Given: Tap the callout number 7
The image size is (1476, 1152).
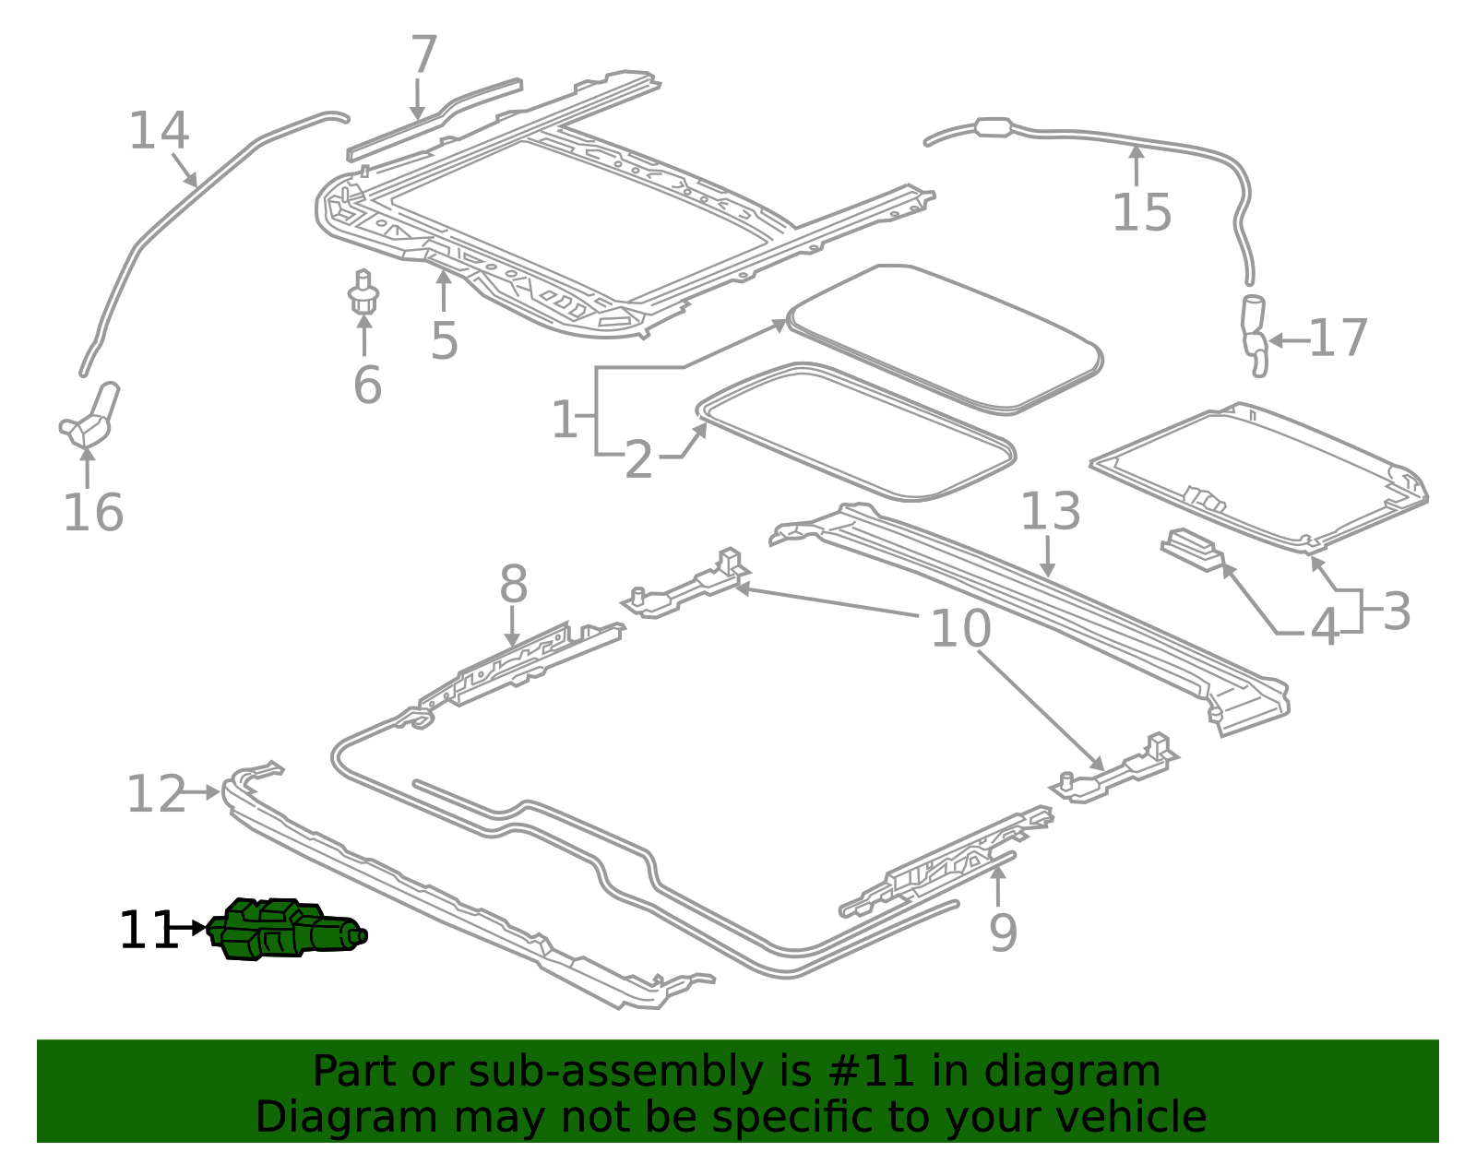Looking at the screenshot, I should pyautogui.click(x=423, y=55).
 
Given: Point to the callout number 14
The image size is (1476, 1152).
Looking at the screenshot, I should pyautogui.click(x=159, y=131).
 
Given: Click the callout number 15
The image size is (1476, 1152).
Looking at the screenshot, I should pyautogui.click(x=1141, y=213).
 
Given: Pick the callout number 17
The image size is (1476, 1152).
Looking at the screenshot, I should pyautogui.click(x=1338, y=338).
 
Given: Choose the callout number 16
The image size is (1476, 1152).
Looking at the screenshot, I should pyautogui.click(x=92, y=513).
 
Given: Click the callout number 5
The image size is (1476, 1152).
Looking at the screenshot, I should pyautogui.click(x=444, y=341).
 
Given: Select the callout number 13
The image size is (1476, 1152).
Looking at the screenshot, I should pyautogui.click(x=1050, y=511).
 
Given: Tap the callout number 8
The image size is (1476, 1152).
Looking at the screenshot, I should pyautogui.click(x=513, y=585).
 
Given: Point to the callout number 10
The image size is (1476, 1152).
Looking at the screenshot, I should pyautogui.click(x=960, y=629).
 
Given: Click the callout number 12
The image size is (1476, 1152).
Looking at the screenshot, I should pyautogui.click(x=155, y=794).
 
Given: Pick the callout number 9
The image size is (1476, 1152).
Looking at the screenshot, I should pyautogui.click(x=1003, y=933).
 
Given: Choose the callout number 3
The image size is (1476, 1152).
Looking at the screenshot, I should pyautogui.click(x=1397, y=612).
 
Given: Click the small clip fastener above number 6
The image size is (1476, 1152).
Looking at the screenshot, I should pyautogui.click(x=363, y=291).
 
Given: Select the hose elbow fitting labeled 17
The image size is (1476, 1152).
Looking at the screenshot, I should pyautogui.click(x=1255, y=337).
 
